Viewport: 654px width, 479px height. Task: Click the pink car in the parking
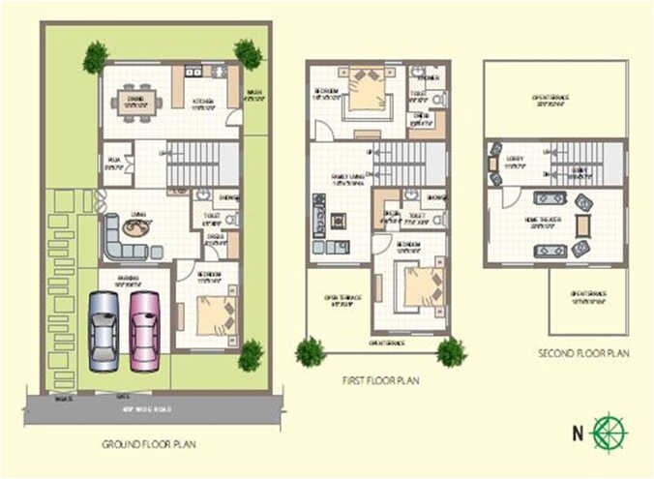click(145, 331)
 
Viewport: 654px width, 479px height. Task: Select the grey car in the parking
click(104, 331)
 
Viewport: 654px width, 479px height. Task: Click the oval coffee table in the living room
click(135, 229)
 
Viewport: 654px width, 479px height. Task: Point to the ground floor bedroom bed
click(215, 314)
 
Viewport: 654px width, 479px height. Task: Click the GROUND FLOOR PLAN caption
click(149, 444)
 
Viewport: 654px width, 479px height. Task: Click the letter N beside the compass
click(578, 430)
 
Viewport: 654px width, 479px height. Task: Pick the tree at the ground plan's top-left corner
click(95, 57)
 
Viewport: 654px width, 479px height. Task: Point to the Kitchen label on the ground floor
click(202, 100)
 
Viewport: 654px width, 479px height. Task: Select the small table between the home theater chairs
click(581, 225)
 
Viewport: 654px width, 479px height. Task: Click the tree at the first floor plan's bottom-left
click(310, 351)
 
